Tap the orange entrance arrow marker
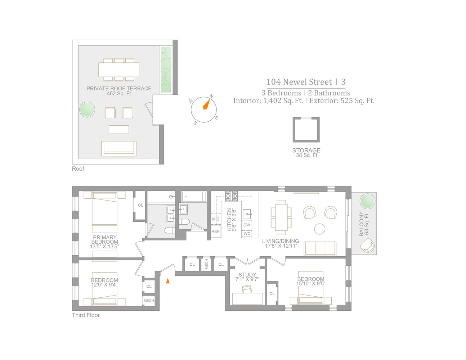pos(168,281)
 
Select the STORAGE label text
pos(306,150)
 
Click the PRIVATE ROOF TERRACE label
pos(119,89)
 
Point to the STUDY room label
pos(247,275)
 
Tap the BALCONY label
pos(362,224)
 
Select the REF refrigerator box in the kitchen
pos(216,231)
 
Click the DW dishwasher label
pos(247,225)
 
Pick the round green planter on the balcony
pos(367,201)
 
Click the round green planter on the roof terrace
pos(87,109)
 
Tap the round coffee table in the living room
pos(319,229)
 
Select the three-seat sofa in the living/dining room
pos(320,248)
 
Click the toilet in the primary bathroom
pos(170,230)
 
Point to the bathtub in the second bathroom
pos(194,197)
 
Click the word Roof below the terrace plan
pos(78,168)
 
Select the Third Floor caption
pos(86,315)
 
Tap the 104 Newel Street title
pos(299,82)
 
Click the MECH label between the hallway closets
pos(206,264)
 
